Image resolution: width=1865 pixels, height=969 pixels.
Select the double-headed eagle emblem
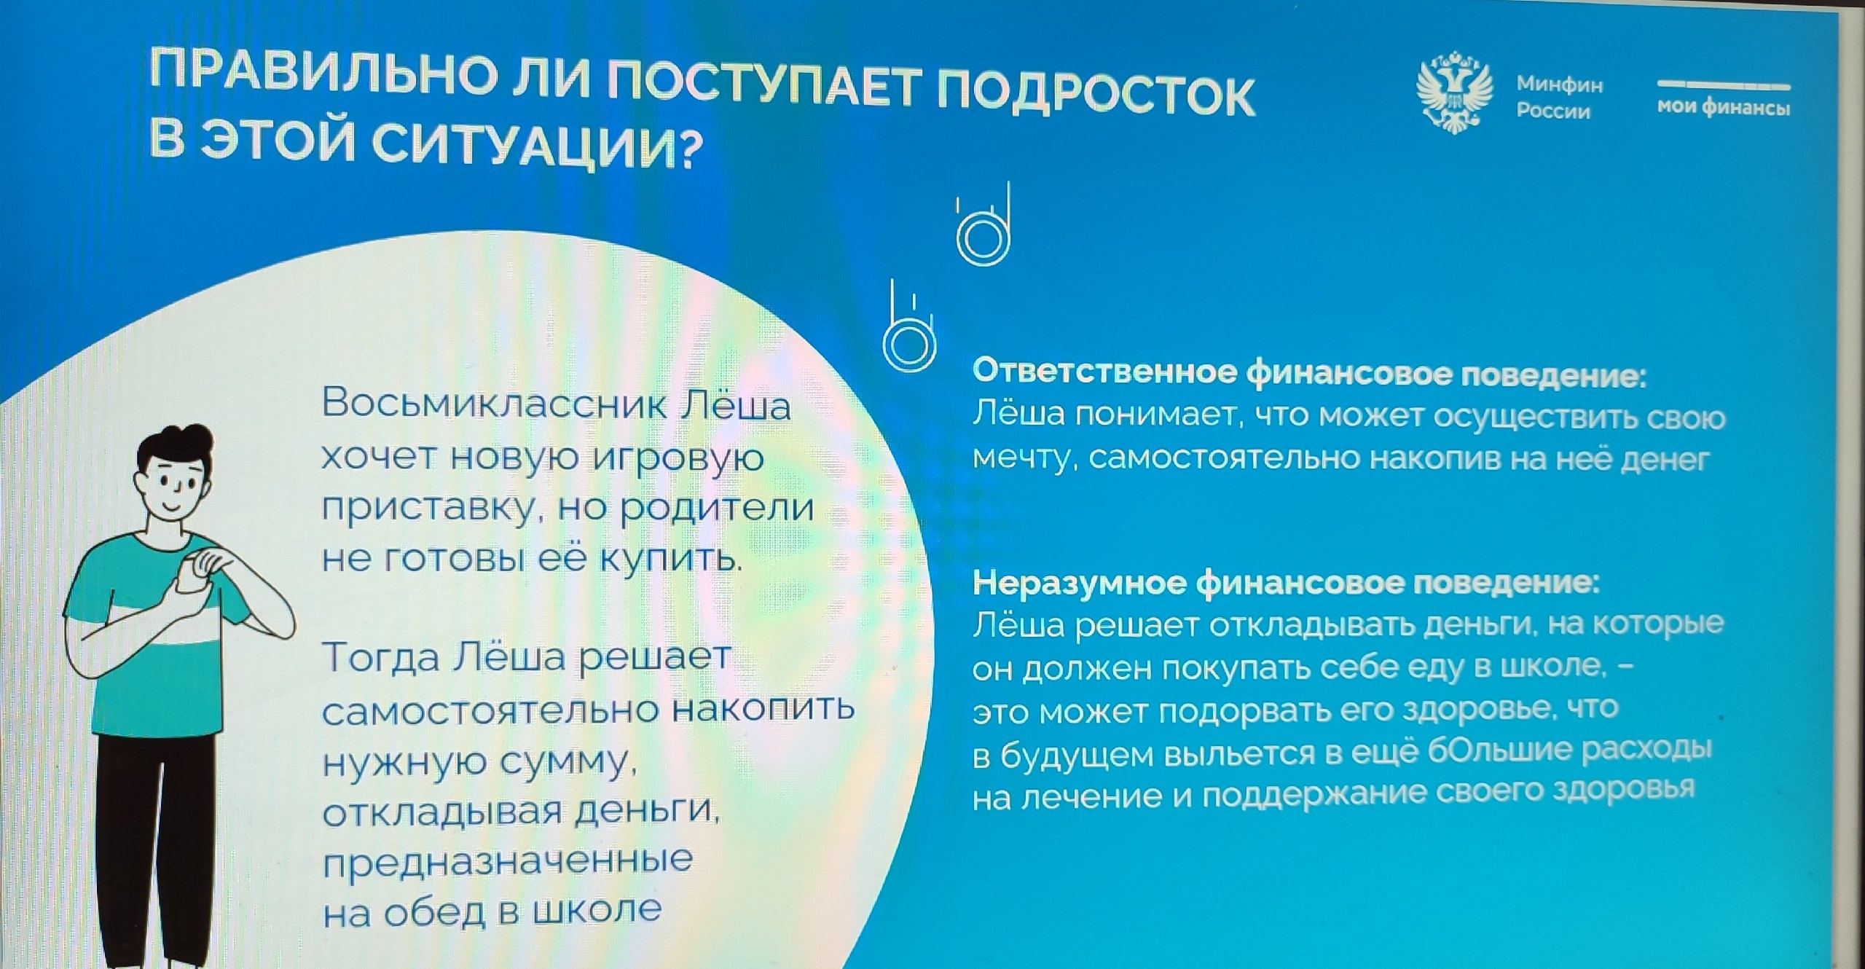point(1454,92)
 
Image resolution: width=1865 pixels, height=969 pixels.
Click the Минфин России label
point(1559,98)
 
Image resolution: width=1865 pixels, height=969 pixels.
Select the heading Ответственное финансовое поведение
point(1309,373)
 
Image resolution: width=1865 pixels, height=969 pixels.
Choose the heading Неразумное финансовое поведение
point(1286,584)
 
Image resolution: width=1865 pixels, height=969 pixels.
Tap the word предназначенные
point(508,862)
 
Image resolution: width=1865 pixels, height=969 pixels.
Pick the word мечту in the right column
point(1024,459)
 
